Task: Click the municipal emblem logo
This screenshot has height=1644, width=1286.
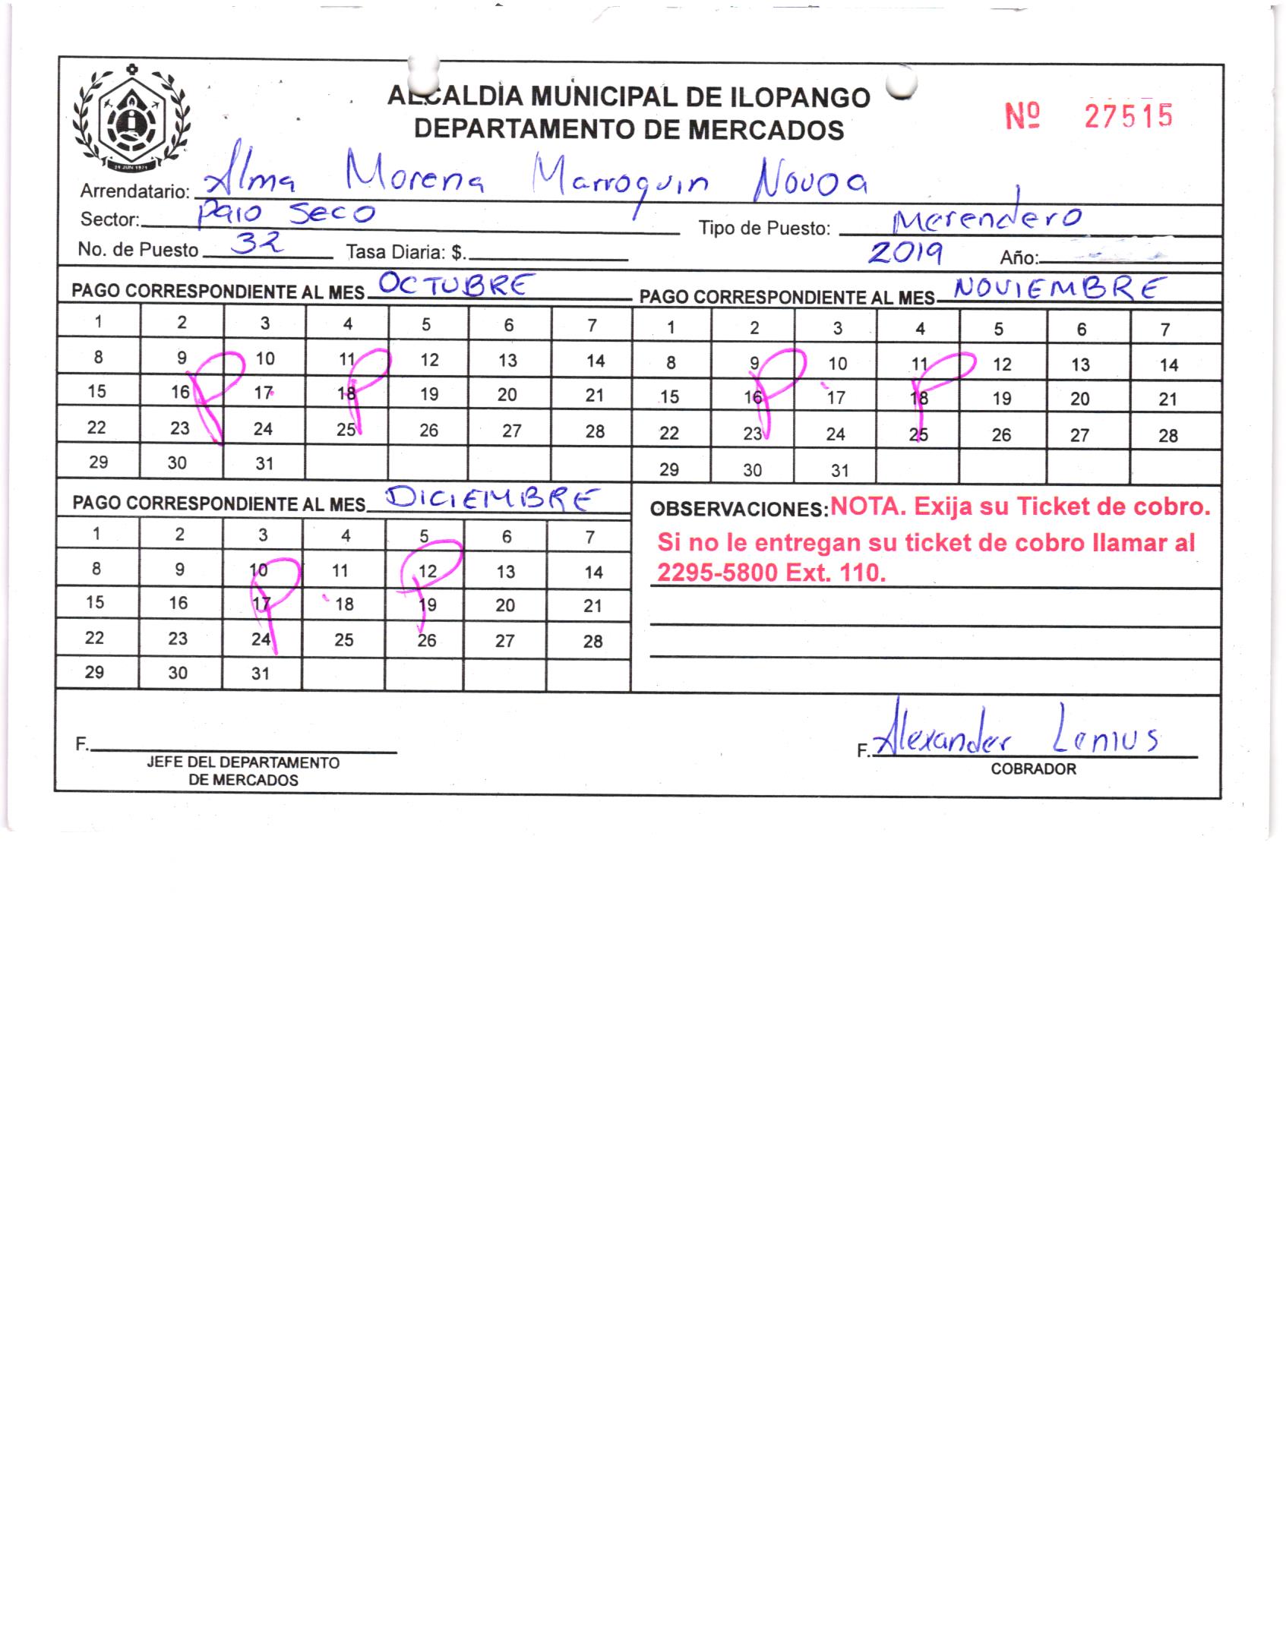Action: pos(132,119)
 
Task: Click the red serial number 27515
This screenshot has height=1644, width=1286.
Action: pos(1128,116)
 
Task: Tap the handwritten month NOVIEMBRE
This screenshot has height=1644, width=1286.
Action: pos(1059,289)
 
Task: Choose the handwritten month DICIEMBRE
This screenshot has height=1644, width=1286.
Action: pos(490,500)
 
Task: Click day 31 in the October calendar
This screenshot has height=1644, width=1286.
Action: pos(264,463)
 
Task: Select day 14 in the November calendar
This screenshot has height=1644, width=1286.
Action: pos(1168,365)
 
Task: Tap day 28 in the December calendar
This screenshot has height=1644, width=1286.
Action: pos(592,642)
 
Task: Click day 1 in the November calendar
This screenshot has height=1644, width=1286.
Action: pos(671,328)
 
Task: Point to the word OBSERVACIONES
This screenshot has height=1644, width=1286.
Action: pos(738,510)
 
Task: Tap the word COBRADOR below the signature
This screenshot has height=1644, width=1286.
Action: pos(1033,769)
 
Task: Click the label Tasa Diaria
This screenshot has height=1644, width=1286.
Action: pos(405,251)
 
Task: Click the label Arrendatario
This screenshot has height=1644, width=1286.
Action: pos(134,191)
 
